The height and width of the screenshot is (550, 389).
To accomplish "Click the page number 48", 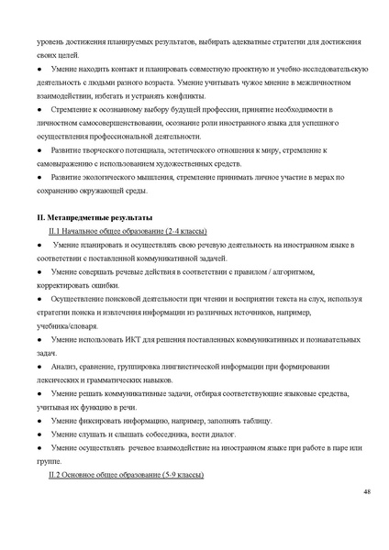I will point(366,494).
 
